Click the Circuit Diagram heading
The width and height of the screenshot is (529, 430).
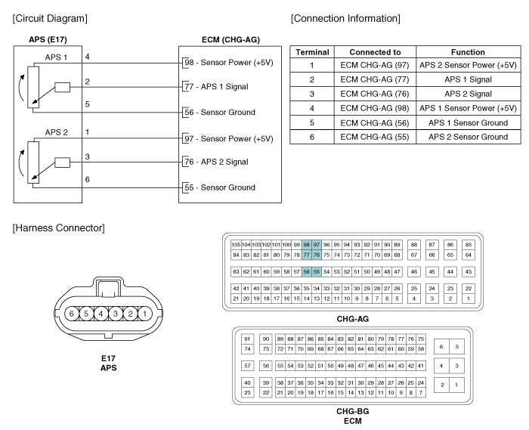50,19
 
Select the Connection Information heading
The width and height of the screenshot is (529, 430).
345,19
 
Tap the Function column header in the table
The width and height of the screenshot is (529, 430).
468,52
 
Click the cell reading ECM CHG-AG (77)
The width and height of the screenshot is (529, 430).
375,79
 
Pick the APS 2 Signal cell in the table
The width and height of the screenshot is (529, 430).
468,94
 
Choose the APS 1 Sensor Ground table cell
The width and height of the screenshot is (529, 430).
468,122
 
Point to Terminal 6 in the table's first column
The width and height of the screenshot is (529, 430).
311,137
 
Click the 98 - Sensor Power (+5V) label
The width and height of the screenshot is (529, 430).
229,63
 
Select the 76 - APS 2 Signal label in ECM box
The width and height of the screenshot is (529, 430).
216,162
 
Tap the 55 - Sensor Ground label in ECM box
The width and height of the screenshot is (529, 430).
220,187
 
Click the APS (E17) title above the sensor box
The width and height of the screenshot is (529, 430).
48,39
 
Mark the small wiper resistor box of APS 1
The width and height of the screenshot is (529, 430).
63,88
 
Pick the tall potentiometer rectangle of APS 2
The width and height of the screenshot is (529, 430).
33,162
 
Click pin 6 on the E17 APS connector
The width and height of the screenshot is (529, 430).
72,314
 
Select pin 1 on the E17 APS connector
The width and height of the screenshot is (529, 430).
145,314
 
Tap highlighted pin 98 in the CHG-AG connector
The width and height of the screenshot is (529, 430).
306,245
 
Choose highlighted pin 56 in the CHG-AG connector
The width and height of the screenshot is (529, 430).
306,272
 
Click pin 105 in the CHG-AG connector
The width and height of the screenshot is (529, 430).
236,245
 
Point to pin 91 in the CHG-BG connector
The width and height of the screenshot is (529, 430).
247,339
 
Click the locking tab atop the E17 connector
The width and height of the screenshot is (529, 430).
108,287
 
